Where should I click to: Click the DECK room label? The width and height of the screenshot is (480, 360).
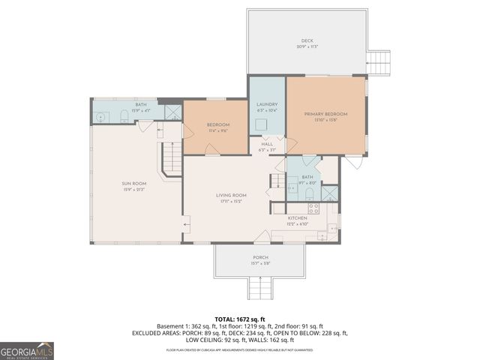coord(306,41)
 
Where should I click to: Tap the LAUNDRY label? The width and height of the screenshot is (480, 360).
coord(267,104)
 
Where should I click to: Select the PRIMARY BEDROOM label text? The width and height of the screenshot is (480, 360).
coord(325,114)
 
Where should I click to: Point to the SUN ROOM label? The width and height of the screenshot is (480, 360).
coord(134,183)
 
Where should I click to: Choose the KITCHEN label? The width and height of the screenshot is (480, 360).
coord(298,217)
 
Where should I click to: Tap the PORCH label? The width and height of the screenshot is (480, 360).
coord(259,256)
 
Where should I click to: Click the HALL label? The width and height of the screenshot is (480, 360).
coord(267,144)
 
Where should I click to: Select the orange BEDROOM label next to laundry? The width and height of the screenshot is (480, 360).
coord(216,124)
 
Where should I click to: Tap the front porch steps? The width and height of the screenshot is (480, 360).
coord(260,286)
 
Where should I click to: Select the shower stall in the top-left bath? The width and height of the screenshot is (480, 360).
coord(172,113)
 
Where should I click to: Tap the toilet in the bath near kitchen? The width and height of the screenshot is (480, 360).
coord(309,193)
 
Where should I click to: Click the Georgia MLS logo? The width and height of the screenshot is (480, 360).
coord(27,350)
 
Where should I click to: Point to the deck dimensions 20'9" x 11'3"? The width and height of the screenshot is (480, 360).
coord(306,47)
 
